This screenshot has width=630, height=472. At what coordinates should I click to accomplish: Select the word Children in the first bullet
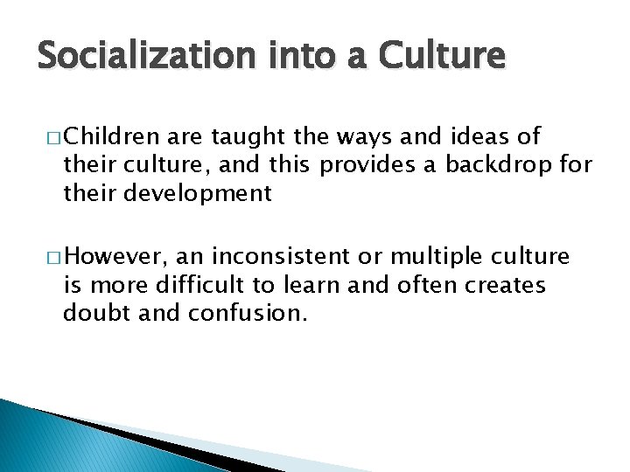coord(112,136)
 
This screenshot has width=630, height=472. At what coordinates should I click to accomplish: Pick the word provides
coord(375,165)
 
